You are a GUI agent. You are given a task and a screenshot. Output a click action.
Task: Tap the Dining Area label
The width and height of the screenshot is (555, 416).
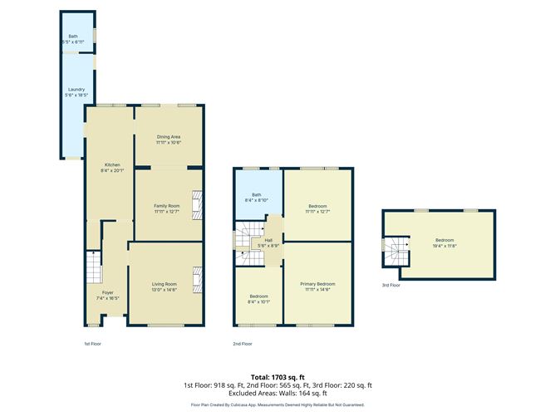click(169, 137)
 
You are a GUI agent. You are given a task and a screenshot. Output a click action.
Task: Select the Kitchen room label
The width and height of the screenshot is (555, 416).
click(112, 164)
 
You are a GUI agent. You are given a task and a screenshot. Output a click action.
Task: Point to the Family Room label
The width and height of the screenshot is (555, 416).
click(167, 206)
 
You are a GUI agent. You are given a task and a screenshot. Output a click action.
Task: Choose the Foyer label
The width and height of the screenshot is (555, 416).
click(108, 292)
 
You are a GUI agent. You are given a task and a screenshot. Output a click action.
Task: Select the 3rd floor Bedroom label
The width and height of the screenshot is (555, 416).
click(440, 241)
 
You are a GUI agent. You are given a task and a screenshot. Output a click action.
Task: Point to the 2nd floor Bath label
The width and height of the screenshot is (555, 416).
click(257, 195)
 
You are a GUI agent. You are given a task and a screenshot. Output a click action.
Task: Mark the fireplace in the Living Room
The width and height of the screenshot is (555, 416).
click(196, 280)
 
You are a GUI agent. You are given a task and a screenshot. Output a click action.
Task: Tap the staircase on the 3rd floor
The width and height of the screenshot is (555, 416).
click(392, 248)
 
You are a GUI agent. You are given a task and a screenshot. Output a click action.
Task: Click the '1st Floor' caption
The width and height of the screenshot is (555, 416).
click(92, 343)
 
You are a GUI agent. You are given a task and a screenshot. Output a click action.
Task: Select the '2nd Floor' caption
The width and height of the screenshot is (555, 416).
click(242, 343)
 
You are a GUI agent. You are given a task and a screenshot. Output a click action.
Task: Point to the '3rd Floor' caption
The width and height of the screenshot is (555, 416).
click(390, 285)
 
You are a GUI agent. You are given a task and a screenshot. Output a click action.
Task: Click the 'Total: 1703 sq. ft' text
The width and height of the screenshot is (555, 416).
click(277, 377)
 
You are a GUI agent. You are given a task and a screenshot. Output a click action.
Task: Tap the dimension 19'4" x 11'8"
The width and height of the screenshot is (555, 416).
click(440, 246)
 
